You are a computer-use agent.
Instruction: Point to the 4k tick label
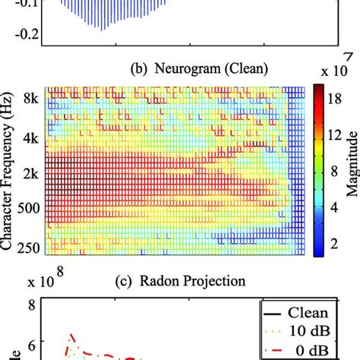pos(30,139)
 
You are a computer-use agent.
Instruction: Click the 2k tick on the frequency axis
pos(30,173)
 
